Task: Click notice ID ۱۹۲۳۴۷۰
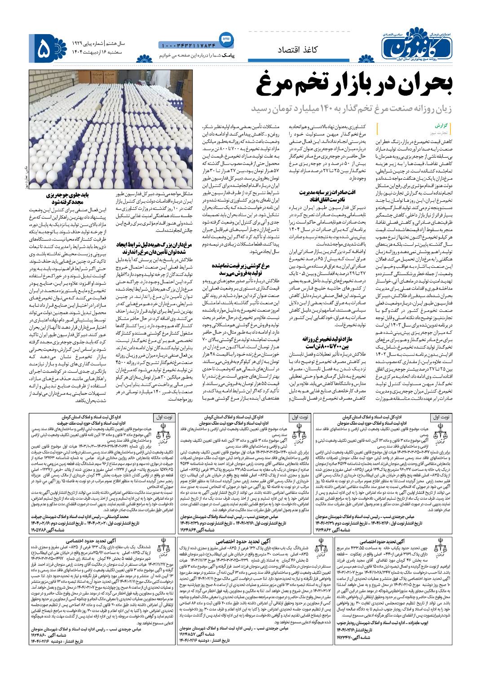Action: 354,637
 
